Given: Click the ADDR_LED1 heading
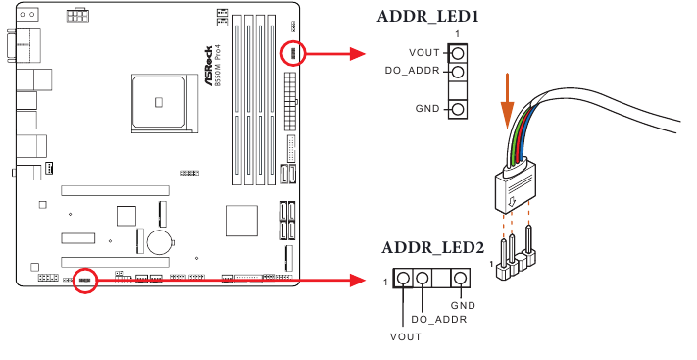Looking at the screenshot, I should [428, 17].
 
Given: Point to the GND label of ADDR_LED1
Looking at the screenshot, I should [427, 107].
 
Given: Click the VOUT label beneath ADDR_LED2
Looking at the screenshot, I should [404, 336].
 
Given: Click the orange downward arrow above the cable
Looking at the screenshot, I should [508, 102].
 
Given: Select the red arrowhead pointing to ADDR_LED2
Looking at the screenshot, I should [358, 282].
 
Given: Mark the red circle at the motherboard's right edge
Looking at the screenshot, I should [292, 53].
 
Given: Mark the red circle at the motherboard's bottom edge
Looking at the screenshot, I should [86, 282].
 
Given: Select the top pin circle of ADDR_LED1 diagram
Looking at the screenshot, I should [458, 52].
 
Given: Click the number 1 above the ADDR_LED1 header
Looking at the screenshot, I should [458, 34].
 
